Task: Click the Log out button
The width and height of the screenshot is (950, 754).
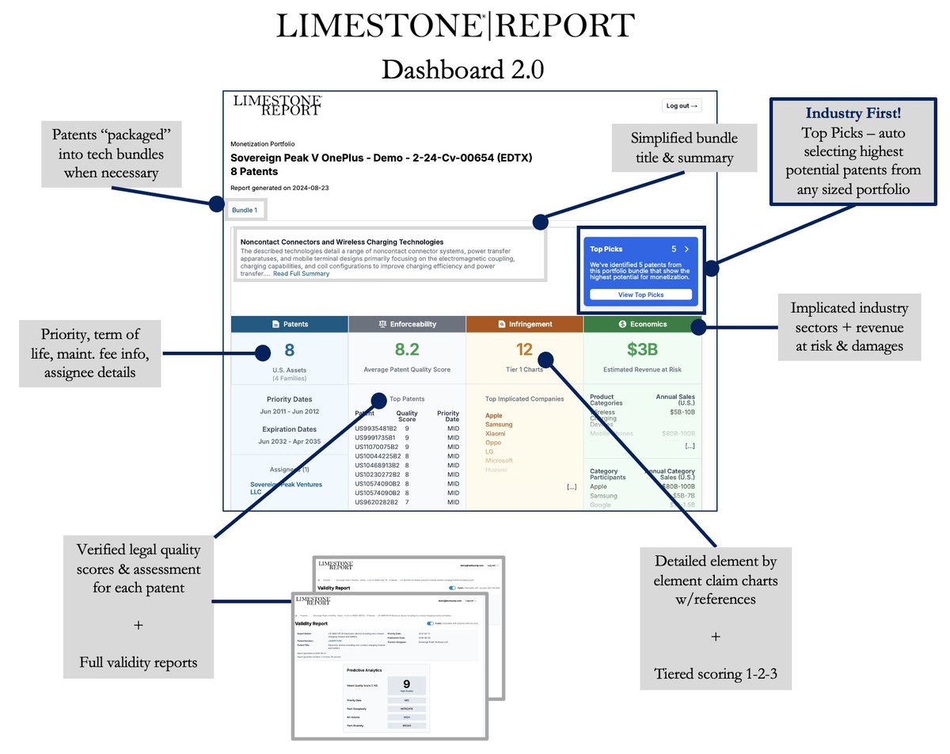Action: pyautogui.click(x=681, y=105)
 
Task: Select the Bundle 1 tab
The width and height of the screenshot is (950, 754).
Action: pyautogui.click(x=244, y=210)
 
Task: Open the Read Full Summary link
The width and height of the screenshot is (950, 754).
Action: pyautogui.click(x=301, y=273)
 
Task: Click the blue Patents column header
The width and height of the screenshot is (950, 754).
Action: pyautogui.click(x=289, y=324)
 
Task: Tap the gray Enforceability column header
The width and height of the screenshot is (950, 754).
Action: pyautogui.click(x=407, y=324)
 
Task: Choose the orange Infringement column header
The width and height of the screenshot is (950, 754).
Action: pyautogui.click(x=524, y=324)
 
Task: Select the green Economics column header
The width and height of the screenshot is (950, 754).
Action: pyautogui.click(x=642, y=324)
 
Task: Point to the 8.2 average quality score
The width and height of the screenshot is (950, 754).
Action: pyautogui.click(x=407, y=350)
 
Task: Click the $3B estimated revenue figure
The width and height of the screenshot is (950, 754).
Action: pyautogui.click(x=642, y=350)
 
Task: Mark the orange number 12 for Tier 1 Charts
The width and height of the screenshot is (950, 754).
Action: pyautogui.click(x=524, y=350)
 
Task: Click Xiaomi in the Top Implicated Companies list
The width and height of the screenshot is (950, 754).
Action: pyautogui.click(x=496, y=433)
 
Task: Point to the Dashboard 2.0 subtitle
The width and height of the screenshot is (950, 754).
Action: pyautogui.click(x=462, y=69)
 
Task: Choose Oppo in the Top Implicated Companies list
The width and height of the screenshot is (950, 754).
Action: pyautogui.click(x=494, y=443)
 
